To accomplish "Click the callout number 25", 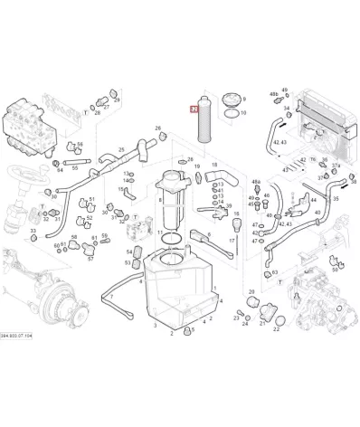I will click(121, 150).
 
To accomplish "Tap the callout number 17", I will click(232, 242).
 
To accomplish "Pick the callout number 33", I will click(33, 231).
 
